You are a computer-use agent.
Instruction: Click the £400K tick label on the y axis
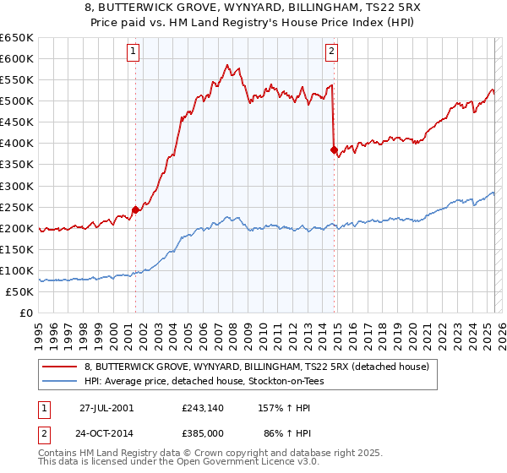18,144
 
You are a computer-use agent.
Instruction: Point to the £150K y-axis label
18,249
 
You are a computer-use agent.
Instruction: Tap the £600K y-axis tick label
18,59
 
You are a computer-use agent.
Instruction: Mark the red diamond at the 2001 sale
136,209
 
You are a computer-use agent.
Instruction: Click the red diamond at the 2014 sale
334,150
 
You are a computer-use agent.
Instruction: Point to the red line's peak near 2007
226,64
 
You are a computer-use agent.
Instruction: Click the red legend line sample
60,367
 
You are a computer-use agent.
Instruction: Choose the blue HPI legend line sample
60,381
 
